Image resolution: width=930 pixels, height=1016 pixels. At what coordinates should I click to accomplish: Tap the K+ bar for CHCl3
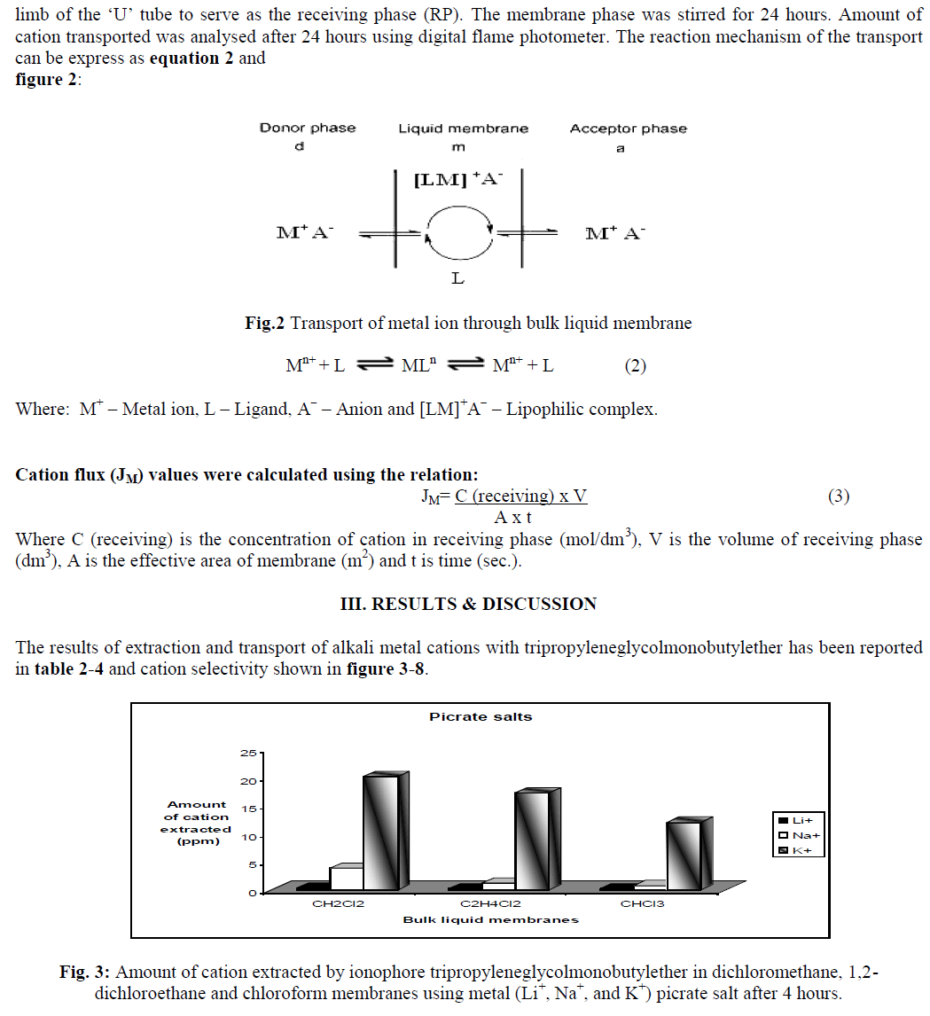pos(684,855)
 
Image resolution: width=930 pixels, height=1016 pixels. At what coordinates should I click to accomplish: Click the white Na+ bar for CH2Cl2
pos(346,878)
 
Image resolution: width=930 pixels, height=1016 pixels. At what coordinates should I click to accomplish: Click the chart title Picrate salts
pos(481,716)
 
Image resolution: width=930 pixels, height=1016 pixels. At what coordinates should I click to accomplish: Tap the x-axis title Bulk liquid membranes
pos(490,919)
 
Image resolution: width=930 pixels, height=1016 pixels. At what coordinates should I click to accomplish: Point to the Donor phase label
pos(307,128)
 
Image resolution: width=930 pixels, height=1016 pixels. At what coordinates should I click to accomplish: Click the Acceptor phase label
pos(628,129)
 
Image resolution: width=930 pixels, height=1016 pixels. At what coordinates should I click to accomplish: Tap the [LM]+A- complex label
pos(458,180)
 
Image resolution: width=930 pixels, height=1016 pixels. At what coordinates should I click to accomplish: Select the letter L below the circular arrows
pos(457,278)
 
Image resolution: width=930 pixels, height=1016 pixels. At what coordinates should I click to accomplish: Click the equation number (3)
pos(839,496)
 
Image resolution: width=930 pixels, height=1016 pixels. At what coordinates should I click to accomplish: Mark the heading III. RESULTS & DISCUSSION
pos(468,604)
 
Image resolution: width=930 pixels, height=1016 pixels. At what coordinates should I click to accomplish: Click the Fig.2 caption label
pos(264,324)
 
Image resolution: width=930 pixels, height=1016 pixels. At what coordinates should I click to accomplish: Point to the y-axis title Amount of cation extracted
pos(196,823)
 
